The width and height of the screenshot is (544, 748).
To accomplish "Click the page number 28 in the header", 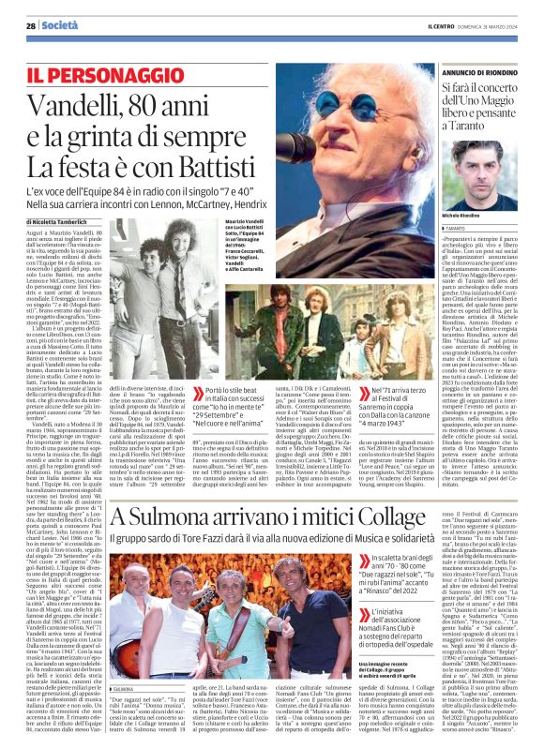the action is [31, 25].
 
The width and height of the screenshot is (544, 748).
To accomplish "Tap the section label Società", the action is [59, 25].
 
